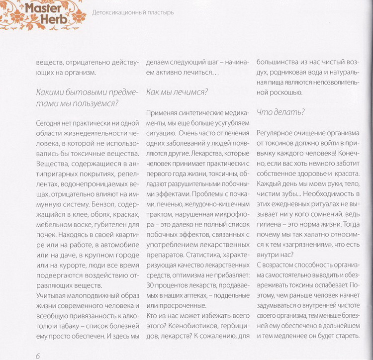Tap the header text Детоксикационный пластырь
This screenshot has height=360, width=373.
[x=133, y=12]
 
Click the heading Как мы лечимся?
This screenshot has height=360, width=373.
[x=177, y=92]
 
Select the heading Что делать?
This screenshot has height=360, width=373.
[x=280, y=112]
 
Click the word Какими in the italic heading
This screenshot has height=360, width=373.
[x=50, y=92]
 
